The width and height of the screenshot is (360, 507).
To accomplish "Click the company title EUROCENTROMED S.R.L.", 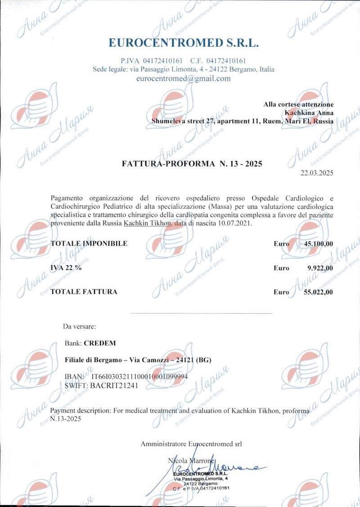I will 184,43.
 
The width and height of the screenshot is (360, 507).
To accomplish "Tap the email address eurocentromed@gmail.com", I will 183,78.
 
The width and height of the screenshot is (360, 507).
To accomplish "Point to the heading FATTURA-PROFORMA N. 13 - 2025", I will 192,164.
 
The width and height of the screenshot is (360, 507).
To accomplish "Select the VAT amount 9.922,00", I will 320,268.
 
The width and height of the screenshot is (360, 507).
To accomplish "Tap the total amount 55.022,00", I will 318,292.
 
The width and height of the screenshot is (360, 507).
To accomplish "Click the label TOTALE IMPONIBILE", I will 89,243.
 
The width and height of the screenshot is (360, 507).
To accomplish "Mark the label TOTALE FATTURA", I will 84,292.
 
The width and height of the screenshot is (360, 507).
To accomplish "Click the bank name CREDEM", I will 100,343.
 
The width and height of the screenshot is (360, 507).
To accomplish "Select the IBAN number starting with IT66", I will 139,376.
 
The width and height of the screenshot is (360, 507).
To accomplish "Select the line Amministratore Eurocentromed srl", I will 191,444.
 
